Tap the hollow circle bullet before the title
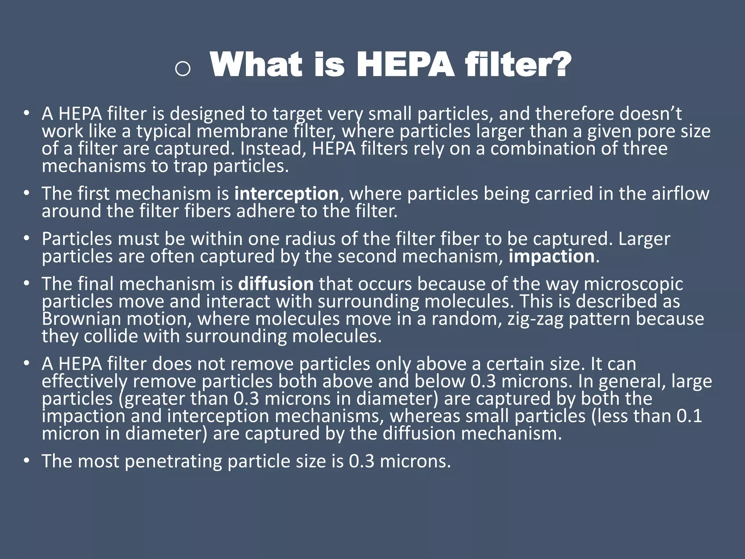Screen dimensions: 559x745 coord(182,68)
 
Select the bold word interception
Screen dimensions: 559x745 coord(286,194)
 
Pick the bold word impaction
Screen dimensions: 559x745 coord(551,256)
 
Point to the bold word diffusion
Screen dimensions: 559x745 coord(276,284)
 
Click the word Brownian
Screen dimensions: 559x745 coord(81,319)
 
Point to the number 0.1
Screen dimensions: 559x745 coord(689,416)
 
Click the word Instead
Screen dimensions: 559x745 coord(273,148)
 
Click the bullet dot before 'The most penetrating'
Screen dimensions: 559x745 coord(26,461)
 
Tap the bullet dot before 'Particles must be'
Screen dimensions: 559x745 coord(26,239)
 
